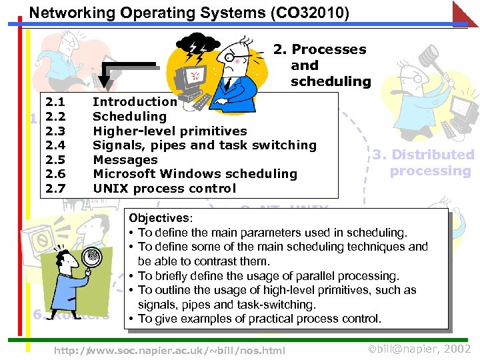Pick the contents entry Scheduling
click(x=129, y=116)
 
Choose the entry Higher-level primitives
click(x=169, y=131)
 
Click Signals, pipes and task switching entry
click(x=204, y=145)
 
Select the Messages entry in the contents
click(x=125, y=159)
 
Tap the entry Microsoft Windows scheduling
click(x=195, y=173)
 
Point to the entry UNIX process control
click(x=164, y=188)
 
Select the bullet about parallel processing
click(x=268, y=276)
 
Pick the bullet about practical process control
click(x=259, y=319)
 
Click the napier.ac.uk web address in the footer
click(x=169, y=350)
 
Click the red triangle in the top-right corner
click(x=468, y=11)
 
